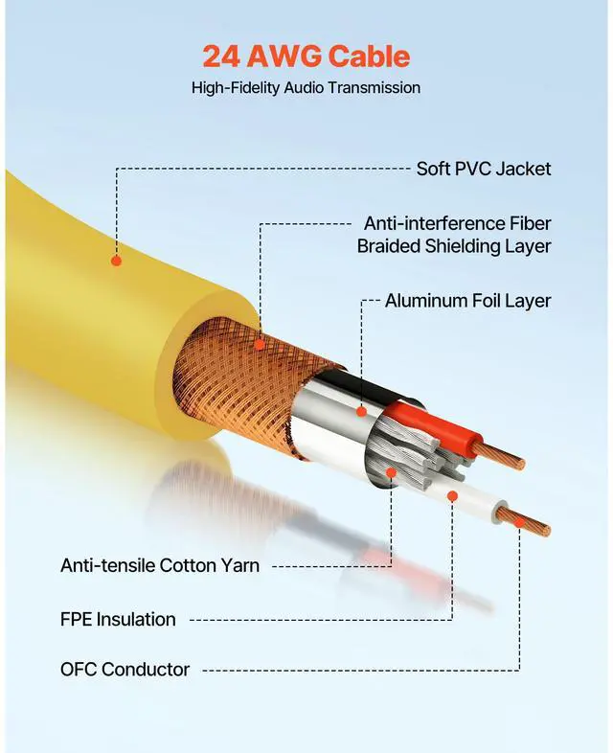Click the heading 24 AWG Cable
(x=306, y=56)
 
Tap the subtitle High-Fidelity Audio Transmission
(x=306, y=87)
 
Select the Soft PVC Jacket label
(x=483, y=169)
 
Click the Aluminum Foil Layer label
(x=467, y=301)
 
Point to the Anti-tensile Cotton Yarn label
(x=160, y=565)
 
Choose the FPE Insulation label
(x=118, y=619)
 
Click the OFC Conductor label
(x=125, y=669)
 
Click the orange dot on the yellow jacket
(x=116, y=260)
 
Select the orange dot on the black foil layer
(x=361, y=411)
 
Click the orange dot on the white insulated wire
(x=452, y=495)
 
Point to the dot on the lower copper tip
(x=519, y=522)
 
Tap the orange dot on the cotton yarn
(x=391, y=472)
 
